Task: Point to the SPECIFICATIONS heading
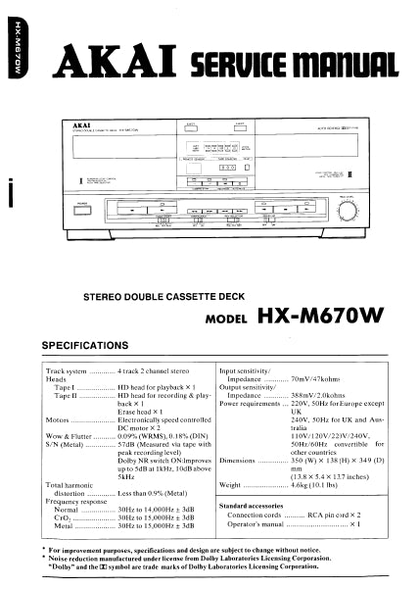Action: (x=85, y=345)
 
